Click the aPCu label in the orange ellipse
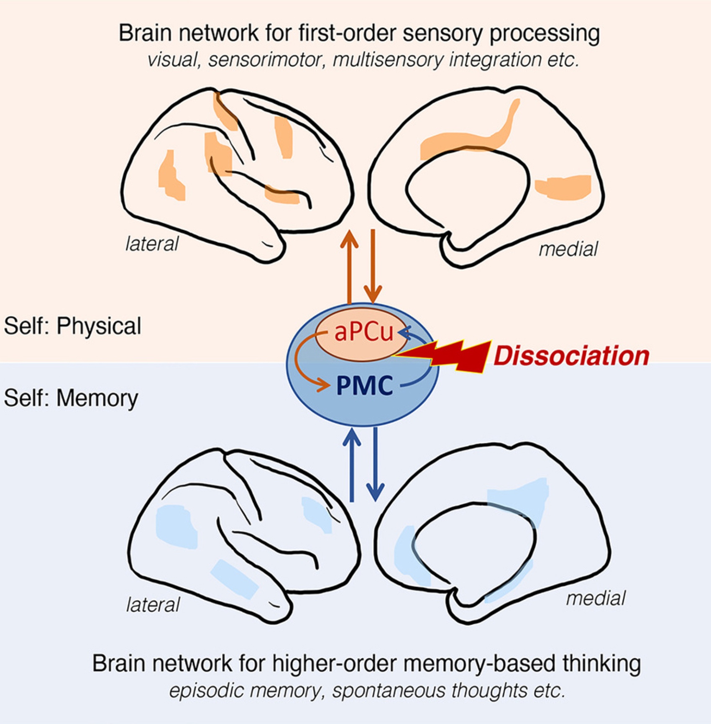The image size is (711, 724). [x=363, y=333]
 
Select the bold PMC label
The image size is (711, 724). [x=364, y=385]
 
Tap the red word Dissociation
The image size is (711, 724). [x=571, y=356]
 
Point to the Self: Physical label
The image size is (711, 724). [x=72, y=326]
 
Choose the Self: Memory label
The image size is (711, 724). [x=71, y=398]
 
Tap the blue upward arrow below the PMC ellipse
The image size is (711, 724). [x=352, y=465]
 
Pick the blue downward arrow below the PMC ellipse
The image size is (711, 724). [x=375, y=465]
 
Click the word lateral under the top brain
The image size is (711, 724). [x=152, y=244]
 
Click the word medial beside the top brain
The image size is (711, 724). [x=568, y=249]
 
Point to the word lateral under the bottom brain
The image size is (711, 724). [x=153, y=605]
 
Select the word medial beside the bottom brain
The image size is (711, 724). [x=596, y=598]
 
